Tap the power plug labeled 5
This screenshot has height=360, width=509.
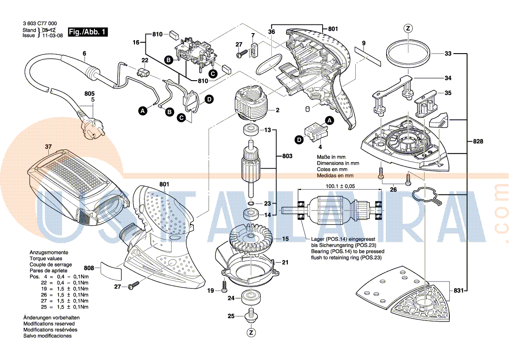click(90, 126)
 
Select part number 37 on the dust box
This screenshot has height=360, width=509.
click(48, 146)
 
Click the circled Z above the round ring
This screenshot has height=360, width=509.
click(408, 28)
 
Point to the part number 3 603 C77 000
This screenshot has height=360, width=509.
click(39, 24)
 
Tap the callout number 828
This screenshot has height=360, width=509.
click(478, 142)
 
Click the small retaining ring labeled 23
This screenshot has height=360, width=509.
click(252, 204)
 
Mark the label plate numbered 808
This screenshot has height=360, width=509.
click(110, 271)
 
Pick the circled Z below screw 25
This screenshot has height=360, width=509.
click(250, 333)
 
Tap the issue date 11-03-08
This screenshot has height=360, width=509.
click(52, 35)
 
